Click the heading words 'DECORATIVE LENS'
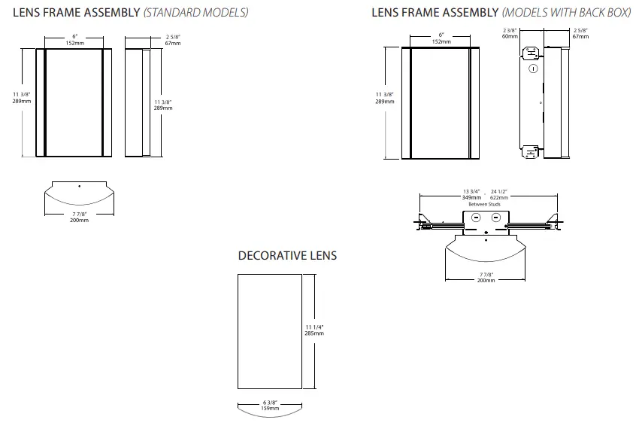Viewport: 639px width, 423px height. [x=287, y=256]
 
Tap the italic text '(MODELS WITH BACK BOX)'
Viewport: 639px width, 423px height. [x=566, y=13]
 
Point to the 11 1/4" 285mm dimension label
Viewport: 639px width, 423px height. [x=314, y=330]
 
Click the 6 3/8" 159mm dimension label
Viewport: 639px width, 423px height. [x=269, y=407]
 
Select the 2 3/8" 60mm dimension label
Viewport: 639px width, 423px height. [x=510, y=33]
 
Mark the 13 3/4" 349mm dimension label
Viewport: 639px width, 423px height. [x=472, y=194]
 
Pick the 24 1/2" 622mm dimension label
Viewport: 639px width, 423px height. [x=499, y=194]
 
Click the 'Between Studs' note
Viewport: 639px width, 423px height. [x=483, y=204]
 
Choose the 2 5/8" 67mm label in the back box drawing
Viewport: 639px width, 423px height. [x=580, y=33]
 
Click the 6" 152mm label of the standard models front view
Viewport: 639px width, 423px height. [x=74, y=40]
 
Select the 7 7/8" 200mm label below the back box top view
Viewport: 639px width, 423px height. [x=486, y=277]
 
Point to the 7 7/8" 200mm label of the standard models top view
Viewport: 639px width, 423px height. [x=79, y=217]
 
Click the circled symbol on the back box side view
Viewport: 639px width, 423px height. [x=533, y=69]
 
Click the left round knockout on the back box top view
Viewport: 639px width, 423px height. [x=474, y=218]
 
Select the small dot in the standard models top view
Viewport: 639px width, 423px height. [x=79, y=184]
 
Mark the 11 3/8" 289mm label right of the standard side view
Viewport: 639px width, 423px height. [x=163, y=105]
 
